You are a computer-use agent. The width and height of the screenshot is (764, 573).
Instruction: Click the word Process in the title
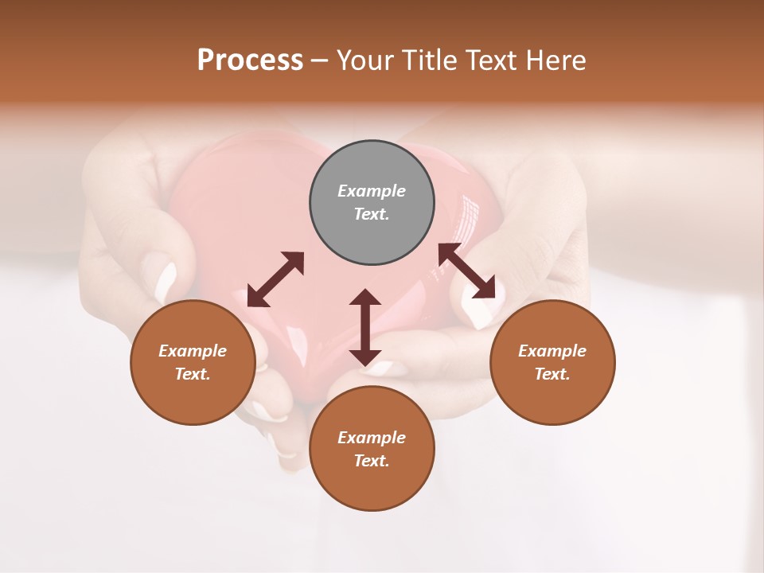(x=250, y=60)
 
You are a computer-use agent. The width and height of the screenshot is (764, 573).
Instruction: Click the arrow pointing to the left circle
(x=275, y=279)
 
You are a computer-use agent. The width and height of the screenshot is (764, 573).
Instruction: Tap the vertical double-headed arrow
(x=365, y=327)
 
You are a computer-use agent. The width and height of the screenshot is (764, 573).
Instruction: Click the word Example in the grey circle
(x=372, y=191)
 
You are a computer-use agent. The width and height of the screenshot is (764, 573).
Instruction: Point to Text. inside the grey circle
(x=372, y=214)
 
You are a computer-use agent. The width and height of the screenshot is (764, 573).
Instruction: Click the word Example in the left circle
(x=193, y=351)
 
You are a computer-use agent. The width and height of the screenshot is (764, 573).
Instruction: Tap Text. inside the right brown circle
(x=552, y=374)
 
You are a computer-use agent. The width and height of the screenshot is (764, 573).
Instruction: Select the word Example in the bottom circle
(x=372, y=438)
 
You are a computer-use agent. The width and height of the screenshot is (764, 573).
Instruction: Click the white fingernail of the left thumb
(x=166, y=280)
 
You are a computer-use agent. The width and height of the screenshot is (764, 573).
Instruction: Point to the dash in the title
(x=320, y=61)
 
